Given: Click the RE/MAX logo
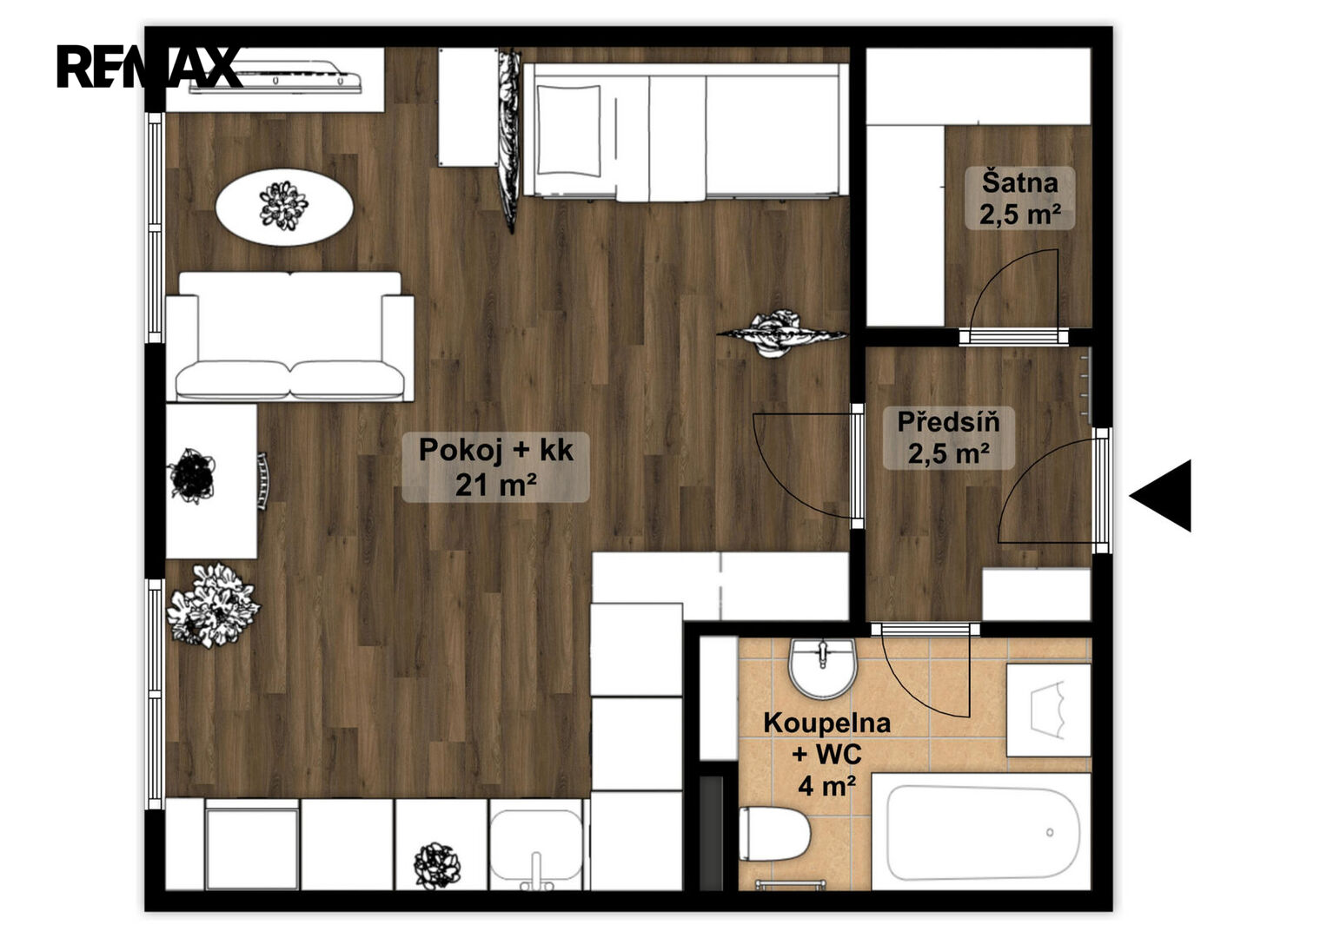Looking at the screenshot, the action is pos(149,67).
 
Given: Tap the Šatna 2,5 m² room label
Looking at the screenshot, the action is pos(1019,198).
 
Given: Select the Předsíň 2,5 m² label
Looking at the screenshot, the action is pos(948,438).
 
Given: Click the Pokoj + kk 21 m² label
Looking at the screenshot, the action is pos(496,467).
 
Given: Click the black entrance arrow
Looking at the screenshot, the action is pos(1162,496).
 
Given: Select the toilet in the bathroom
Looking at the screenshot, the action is pos(774,834).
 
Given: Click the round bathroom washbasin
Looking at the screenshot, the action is pos(823,668).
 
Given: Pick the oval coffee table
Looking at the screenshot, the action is pos(284,207).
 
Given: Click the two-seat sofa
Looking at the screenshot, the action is pos(289,336).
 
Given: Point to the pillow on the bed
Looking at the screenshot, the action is pos(568,131).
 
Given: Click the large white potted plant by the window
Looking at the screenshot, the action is pos(213,605).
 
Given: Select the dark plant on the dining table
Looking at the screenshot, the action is pos(192,476).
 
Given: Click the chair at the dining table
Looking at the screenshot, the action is pos(262,481).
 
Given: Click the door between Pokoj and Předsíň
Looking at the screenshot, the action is pos(857,466).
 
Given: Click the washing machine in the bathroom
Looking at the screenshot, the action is pos(1049,710).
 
